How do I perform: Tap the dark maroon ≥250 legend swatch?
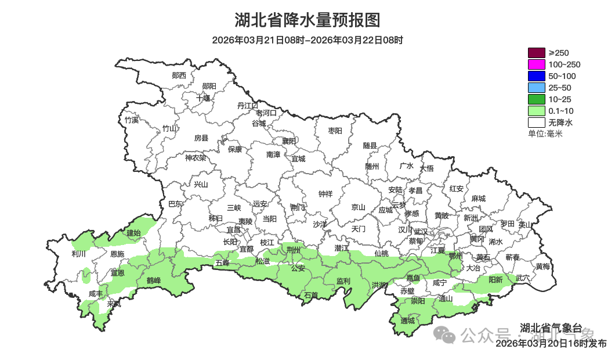tap(536, 53)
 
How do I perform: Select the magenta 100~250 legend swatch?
tap(536, 64)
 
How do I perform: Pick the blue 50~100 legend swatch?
tap(536, 76)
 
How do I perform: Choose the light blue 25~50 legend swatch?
tap(536, 88)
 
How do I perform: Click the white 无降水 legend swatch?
tap(536, 123)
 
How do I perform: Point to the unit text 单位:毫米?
tap(545, 134)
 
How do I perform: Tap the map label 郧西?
tap(179, 75)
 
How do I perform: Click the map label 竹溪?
tap(132, 120)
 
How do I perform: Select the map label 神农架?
tap(196, 157)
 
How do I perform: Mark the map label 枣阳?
tap(335, 131)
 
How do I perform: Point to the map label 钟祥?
tap(325, 194)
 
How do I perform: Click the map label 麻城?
tap(478, 199)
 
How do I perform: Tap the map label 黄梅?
tap(543, 267)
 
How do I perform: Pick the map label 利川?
tap(78, 254)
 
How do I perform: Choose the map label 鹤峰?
tap(153, 280)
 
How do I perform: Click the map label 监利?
tap(343, 281)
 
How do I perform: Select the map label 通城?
tap(408, 321)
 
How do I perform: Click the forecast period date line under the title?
tap(307, 40)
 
